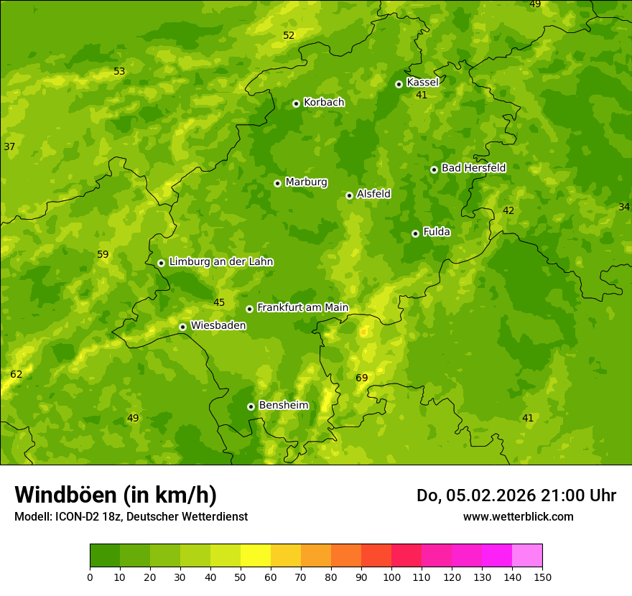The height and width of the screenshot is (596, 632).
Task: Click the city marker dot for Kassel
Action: tap(399, 84)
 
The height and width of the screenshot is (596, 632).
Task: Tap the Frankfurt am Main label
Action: tap(302, 307)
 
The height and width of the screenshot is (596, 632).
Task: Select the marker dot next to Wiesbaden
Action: tap(183, 327)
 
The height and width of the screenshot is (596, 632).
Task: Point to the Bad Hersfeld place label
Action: tap(473, 168)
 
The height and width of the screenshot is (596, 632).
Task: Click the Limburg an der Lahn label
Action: tap(220, 262)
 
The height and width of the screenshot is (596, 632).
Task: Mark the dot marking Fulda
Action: tap(415, 233)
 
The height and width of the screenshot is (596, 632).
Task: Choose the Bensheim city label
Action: tap(283, 405)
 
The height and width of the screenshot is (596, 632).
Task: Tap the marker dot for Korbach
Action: tap(296, 103)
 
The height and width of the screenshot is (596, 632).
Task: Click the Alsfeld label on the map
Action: tap(373, 194)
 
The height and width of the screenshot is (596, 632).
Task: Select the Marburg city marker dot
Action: tap(277, 183)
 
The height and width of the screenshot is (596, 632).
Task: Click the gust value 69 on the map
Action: tap(362, 378)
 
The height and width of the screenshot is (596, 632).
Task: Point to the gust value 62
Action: tap(17, 374)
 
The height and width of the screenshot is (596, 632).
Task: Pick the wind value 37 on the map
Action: tap(9, 146)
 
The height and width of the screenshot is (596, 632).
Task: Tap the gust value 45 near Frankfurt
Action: tap(219, 302)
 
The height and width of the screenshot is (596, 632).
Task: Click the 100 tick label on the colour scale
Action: tap(391, 577)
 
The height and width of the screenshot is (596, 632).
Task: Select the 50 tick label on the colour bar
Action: tap(241, 577)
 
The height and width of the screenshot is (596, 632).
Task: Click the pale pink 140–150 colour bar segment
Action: tap(527, 556)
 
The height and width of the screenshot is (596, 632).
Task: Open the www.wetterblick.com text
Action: tap(518, 516)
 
